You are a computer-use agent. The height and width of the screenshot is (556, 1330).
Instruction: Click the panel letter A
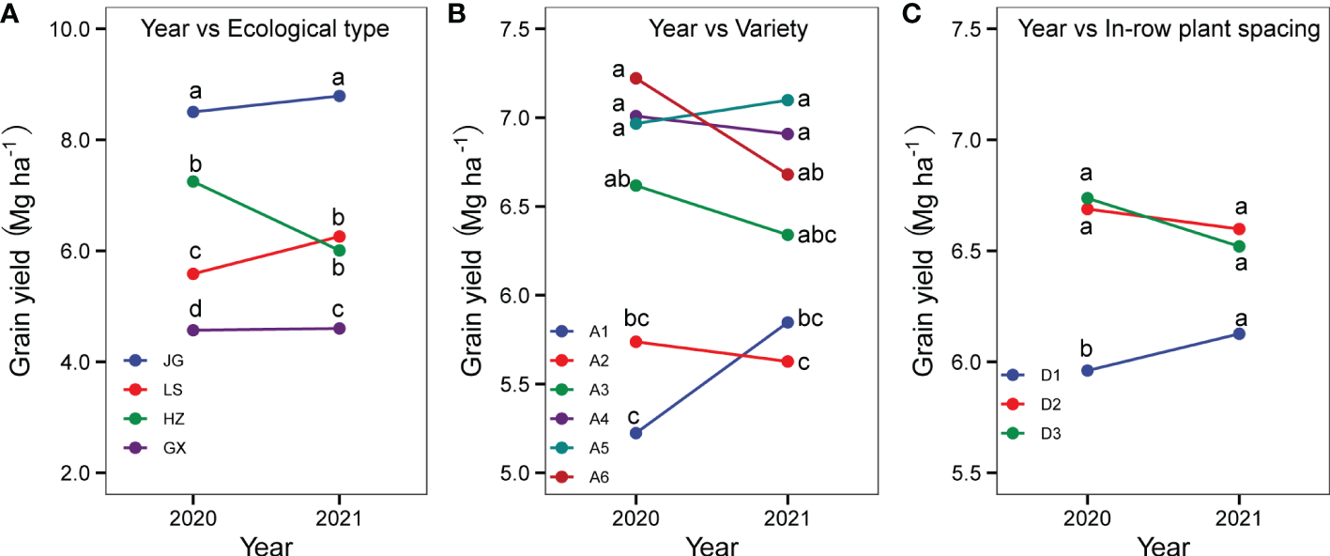10,12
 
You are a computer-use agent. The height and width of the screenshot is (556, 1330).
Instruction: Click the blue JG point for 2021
339,96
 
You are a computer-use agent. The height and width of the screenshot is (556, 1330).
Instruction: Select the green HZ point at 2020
193,181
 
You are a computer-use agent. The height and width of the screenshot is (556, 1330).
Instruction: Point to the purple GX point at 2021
339,328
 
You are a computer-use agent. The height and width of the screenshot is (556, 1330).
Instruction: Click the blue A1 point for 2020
636,433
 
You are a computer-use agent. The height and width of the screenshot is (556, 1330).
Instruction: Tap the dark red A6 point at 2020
636,78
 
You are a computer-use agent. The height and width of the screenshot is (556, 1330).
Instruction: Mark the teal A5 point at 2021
787,100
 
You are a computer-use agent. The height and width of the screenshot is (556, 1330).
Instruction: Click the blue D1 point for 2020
1088,370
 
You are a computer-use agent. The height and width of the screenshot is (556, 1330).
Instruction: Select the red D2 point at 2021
1239,228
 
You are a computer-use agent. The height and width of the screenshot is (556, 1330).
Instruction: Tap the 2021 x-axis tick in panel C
1239,517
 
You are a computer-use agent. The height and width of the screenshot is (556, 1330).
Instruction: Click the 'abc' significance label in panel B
817,235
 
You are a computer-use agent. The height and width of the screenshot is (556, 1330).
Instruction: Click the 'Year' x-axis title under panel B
711,545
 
